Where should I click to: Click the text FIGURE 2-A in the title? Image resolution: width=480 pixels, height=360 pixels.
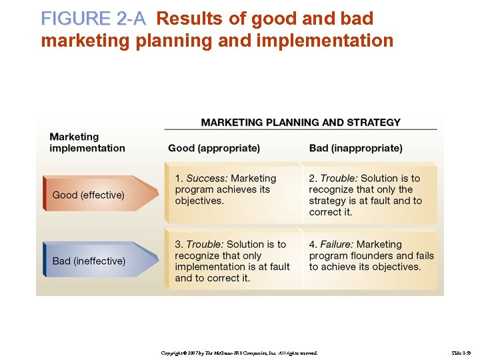(x=93, y=19)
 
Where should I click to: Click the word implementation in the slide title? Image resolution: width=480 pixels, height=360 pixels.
(x=324, y=41)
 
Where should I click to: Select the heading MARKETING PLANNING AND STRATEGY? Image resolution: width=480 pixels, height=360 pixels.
(x=301, y=122)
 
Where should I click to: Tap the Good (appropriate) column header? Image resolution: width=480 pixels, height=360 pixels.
(x=214, y=148)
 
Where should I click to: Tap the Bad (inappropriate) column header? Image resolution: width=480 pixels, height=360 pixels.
(x=355, y=148)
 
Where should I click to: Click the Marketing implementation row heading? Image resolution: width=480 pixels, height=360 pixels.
(x=87, y=142)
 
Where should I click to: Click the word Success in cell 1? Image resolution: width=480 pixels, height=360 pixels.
(x=207, y=179)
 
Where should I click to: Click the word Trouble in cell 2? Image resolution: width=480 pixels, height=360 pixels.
(x=339, y=179)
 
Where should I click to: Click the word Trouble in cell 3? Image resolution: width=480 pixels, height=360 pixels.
(x=205, y=245)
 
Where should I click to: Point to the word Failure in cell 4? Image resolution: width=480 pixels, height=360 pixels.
(x=337, y=245)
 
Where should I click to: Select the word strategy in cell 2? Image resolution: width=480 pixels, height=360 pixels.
(x=327, y=201)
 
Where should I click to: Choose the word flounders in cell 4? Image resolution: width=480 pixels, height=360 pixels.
(x=376, y=255)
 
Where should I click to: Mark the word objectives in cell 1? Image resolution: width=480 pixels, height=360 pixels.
(x=199, y=201)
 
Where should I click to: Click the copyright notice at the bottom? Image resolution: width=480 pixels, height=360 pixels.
(x=239, y=352)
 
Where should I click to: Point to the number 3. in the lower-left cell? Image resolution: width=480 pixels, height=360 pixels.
(x=179, y=245)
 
